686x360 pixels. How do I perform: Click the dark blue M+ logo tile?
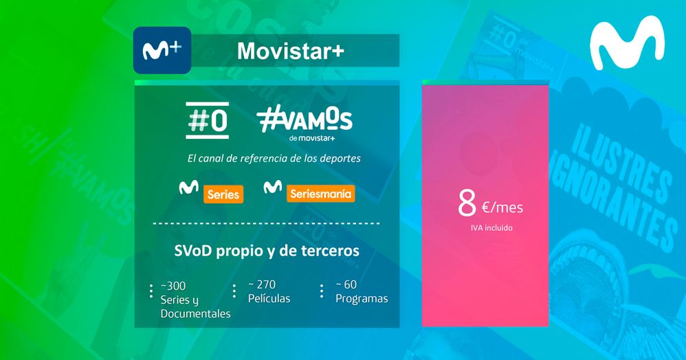pos(162,50)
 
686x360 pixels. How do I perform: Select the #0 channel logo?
pos(207,120)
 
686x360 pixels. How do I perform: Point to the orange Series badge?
pos(223,194)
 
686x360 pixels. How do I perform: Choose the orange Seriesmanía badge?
pos(320,194)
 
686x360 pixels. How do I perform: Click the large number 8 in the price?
pos(467,203)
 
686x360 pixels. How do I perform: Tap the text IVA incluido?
pos(486,227)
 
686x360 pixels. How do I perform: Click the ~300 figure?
pos(173,285)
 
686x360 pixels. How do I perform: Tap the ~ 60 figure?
pos(346,284)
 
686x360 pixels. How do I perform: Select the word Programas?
pos(362,299)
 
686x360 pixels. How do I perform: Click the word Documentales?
pos(195,314)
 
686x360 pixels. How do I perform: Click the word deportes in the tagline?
pos(340,158)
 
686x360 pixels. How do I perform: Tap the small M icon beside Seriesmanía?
pos(273,186)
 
